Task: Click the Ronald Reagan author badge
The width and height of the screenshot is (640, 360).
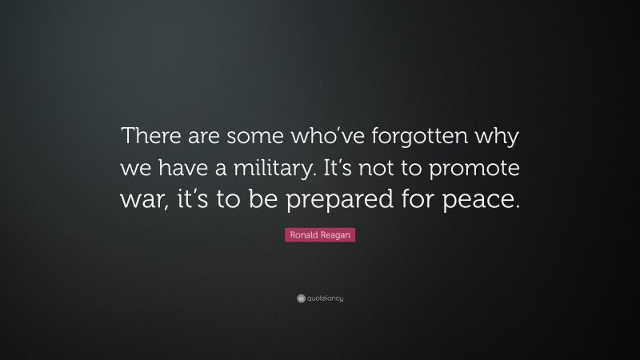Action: point(320,237)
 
